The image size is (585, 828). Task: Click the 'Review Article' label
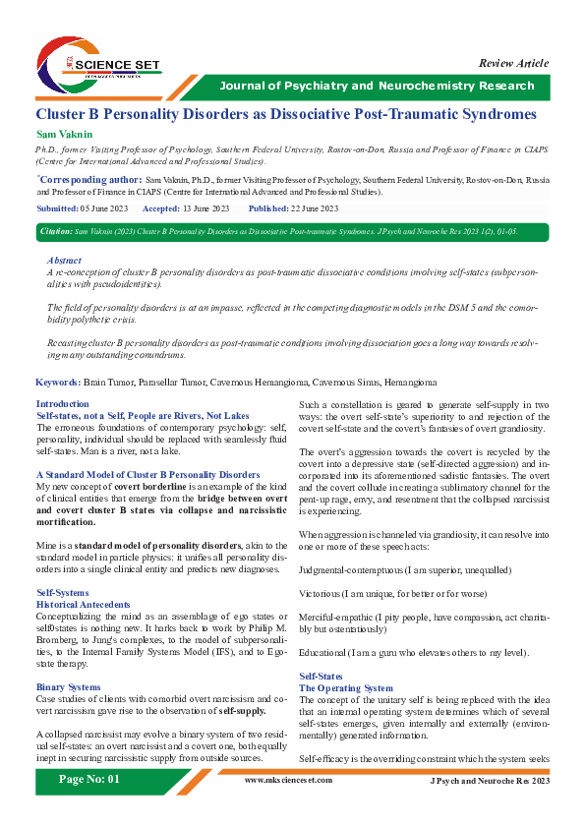point(513,63)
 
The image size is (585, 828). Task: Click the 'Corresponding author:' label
point(89,182)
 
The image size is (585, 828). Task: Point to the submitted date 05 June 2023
point(105,209)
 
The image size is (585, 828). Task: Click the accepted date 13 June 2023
point(205,209)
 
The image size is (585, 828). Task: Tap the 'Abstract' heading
point(65,260)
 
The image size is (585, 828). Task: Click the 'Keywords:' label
point(58,381)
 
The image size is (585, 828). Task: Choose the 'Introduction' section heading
point(62,404)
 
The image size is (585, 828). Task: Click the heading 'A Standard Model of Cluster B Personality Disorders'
point(147,474)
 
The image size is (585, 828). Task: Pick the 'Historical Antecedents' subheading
point(83,604)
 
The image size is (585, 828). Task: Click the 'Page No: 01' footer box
point(89,806)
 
